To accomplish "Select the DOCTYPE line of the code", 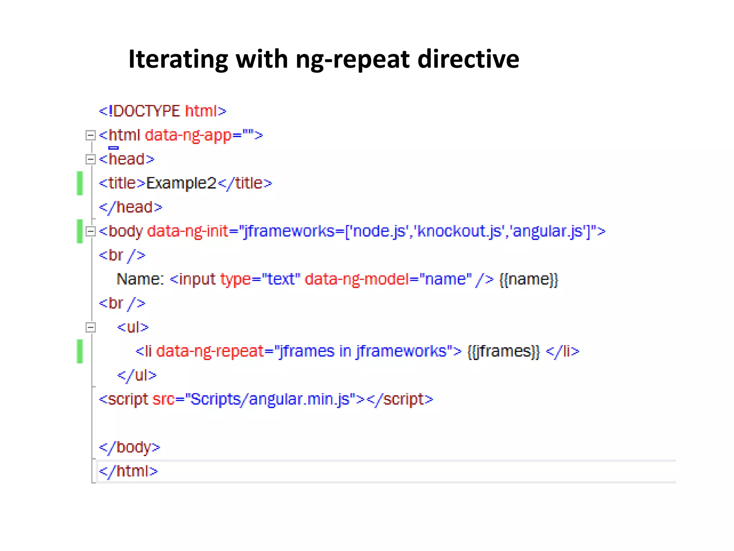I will (163, 111).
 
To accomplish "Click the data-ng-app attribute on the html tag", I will (188, 135).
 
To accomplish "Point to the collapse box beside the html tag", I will (91, 135).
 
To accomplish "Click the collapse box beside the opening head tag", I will (91, 159).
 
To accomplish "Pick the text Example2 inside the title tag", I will (181, 183).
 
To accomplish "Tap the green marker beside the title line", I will (80, 183).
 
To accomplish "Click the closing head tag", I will (130, 207).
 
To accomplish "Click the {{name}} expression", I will (529, 279).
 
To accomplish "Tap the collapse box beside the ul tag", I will (91, 327).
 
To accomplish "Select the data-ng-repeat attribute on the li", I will (210, 351).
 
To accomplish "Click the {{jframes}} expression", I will (504, 351).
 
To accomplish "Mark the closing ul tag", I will (137, 375).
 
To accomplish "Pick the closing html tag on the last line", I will (128, 471).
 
